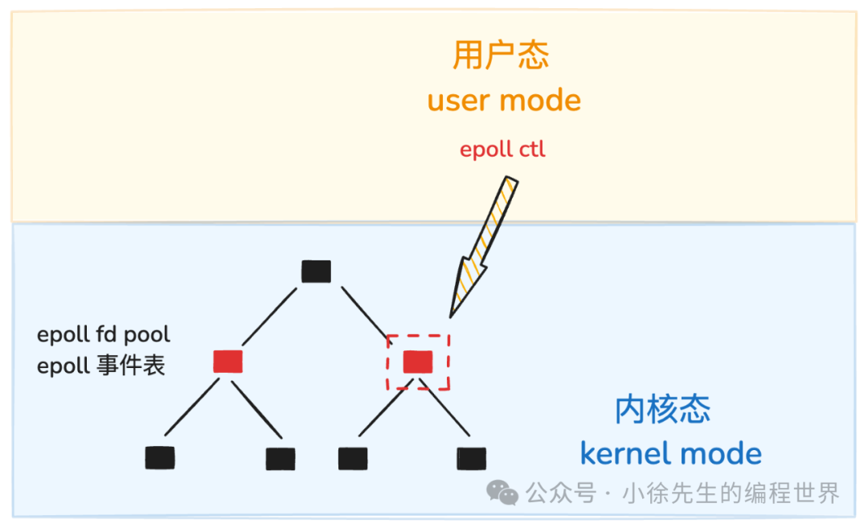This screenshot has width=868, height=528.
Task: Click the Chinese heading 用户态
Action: point(501,55)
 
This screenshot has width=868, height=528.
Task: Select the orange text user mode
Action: point(504,101)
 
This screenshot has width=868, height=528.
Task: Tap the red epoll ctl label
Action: point(502,149)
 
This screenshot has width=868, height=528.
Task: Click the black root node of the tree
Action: point(316,272)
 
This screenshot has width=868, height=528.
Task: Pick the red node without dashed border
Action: point(227,362)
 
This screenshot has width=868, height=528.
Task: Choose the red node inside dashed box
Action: point(418,362)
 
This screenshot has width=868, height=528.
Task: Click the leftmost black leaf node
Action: point(160,458)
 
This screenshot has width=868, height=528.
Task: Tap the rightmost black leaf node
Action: point(471,458)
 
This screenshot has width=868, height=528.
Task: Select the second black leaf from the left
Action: point(280,458)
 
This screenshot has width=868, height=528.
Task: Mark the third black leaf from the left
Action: point(353,458)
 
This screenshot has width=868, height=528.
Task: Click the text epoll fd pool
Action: point(104,334)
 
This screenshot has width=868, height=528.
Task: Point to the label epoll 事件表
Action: point(101,366)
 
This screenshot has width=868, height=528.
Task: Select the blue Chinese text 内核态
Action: point(662,410)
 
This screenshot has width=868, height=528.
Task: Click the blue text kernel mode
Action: point(670,453)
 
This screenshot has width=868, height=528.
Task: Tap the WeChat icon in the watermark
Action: point(504,493)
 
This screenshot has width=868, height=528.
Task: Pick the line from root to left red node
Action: point(271,316)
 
